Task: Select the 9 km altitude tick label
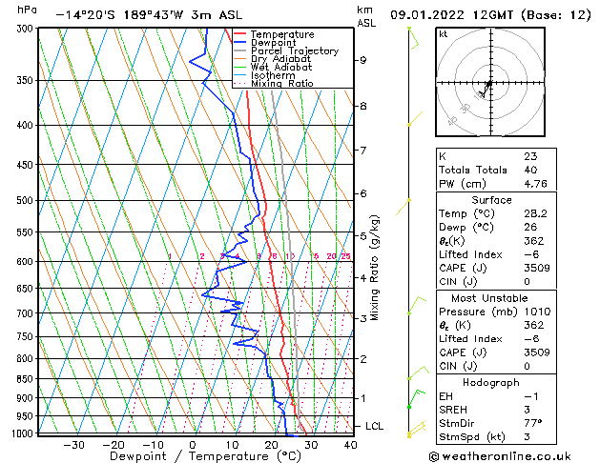click(x=362, y=60)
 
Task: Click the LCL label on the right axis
click(x=374, y=426)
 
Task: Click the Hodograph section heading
click(x=491, y=382)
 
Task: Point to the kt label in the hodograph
click(x=444, y=34)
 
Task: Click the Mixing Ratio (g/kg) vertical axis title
click(x=375, y=268)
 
